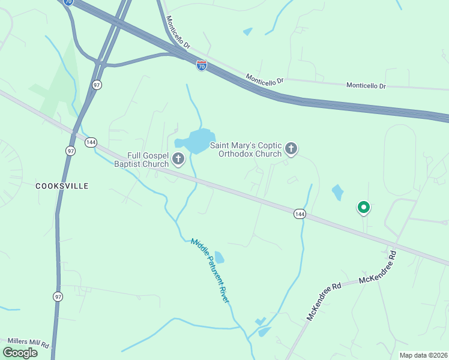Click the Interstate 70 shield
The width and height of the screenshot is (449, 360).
(x=202, y=65)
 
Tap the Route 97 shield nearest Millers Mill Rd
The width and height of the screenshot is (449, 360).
(x=58, y=296)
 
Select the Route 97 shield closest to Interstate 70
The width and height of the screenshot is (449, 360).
(x=97, y=85)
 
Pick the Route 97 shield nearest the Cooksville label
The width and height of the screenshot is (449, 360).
(x=71, y=151)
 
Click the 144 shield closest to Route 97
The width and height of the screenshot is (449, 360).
(x=91, y=142)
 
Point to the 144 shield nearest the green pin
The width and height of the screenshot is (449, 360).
(x=300, y=214)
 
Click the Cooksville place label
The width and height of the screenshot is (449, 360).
(x=62, y=186)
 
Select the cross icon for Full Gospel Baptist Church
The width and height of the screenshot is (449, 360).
(x=178, y=159)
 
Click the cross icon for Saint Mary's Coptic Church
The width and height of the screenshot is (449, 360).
(x=291, y=149)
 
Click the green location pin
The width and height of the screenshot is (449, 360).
(x=363, y=208)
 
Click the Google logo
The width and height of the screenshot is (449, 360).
(x=20, y=353)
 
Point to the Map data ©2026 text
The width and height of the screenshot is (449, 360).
(x=423, y=355)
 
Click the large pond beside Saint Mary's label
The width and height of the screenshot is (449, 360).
(x=197, y=142)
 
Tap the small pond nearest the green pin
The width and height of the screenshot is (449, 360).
(x=338, y=193)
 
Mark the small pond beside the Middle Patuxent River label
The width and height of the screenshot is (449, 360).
(x=220, y=257)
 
